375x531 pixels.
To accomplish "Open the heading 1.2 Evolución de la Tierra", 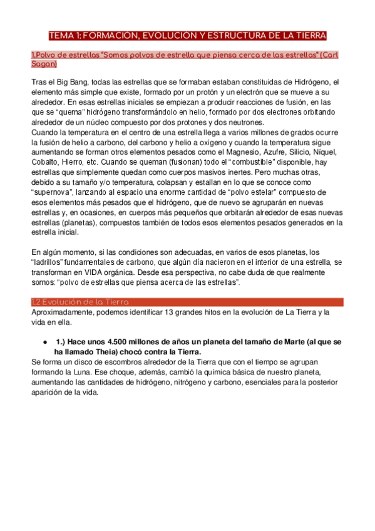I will (80, 302).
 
